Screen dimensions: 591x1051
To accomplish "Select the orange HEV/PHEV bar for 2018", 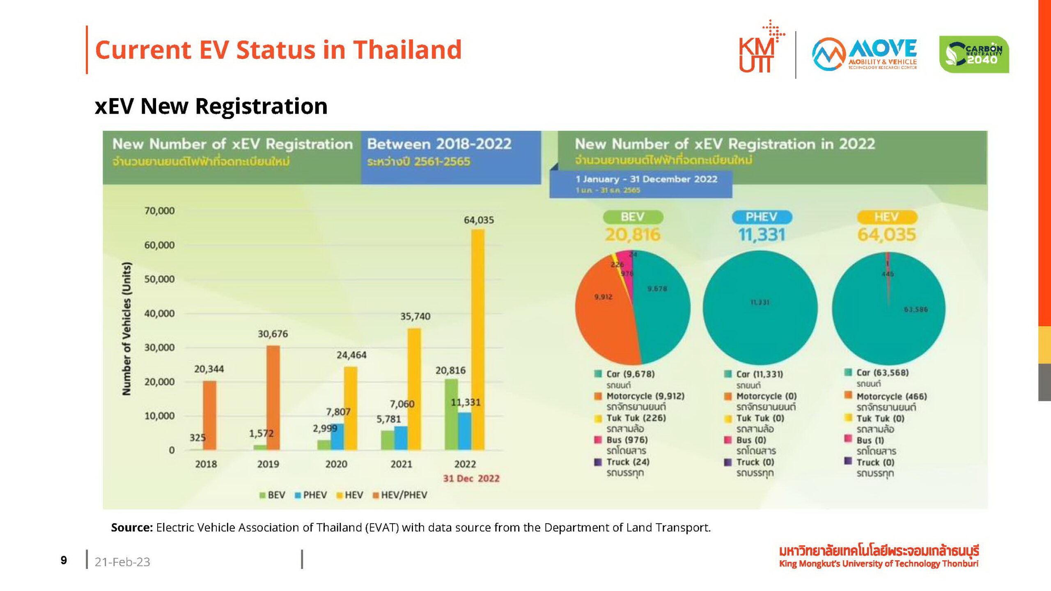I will (209, 415).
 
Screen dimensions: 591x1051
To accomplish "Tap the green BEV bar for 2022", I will (451, 415).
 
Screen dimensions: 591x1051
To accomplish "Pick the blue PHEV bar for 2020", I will (337, 437).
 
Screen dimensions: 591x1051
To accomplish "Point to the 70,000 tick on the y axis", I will (159, 211).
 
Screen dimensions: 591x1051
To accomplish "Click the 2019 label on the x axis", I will (268, 464).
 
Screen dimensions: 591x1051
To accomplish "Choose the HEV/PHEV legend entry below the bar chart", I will (400, 495).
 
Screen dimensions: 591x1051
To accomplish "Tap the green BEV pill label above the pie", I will (633, 217).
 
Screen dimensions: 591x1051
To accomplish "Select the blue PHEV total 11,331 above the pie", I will (762, 235).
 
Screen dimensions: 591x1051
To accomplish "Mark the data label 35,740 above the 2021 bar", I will (415, 316).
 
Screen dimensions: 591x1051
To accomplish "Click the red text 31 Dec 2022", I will (471, 479).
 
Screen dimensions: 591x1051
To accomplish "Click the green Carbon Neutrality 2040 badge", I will (974, 55).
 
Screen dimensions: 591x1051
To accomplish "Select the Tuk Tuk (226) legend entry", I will (636, 418).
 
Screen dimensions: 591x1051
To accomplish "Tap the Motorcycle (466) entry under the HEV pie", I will (891, 396).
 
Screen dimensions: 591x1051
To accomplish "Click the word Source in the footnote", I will (131, 528).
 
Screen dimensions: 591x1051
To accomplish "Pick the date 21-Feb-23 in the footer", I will (122, 562).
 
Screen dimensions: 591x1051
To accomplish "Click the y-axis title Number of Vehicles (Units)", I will (127, 329).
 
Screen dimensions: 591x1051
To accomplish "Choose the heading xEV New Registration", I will (211, 106).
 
